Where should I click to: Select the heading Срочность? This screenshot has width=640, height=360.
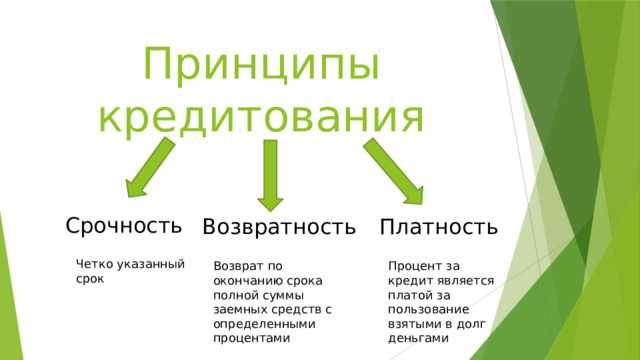(124, 224)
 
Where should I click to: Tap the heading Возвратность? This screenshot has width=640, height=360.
(278, 227)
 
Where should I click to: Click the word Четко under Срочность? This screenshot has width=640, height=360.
(95, 264)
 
